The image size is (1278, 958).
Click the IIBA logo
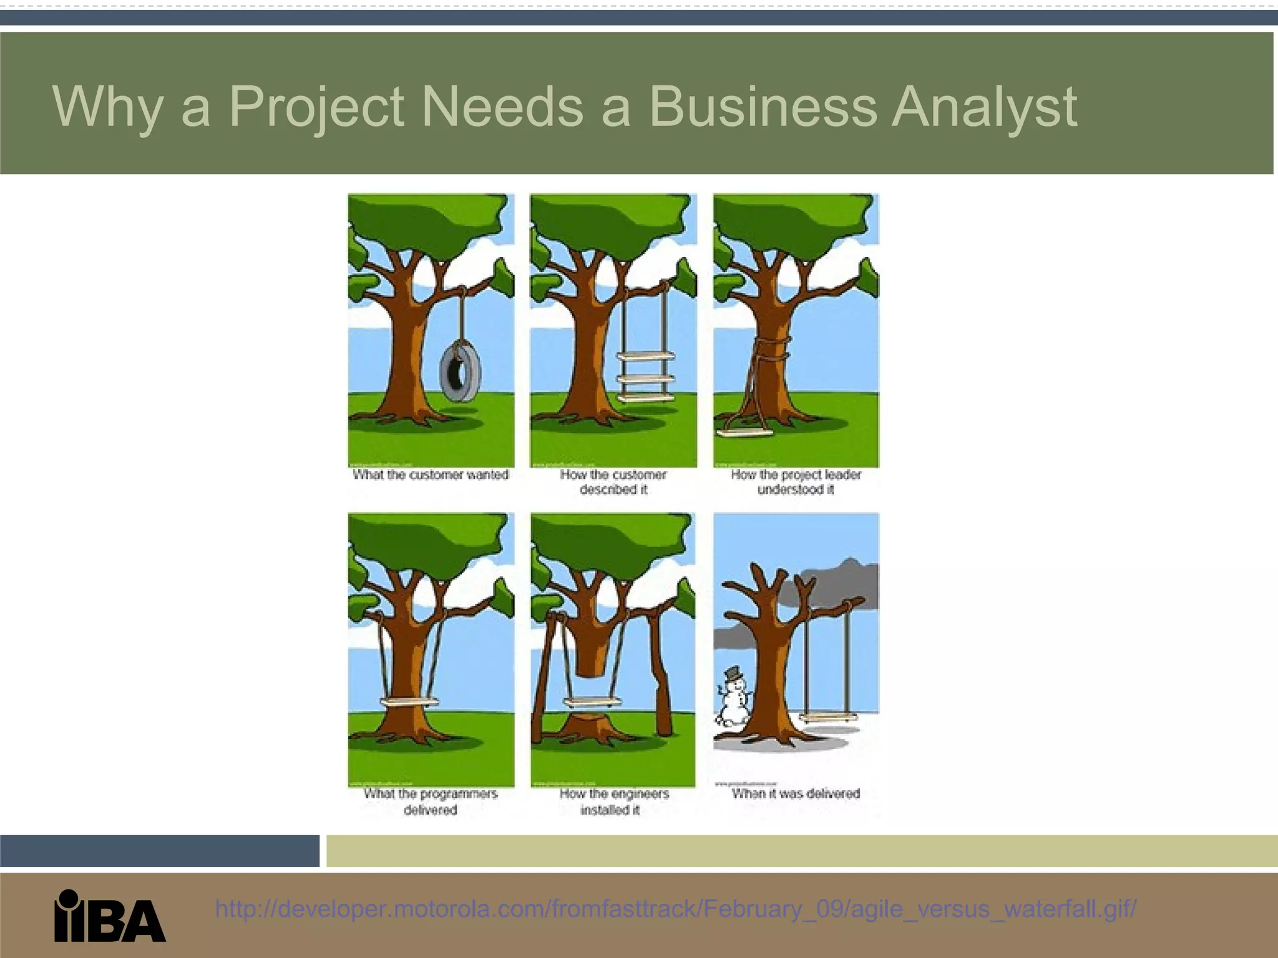(x=110, y=915)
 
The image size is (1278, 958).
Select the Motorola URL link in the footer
(x=676, y=909)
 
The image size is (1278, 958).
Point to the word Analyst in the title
(x=985, y=107)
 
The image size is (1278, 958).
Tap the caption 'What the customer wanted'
(x=431, y=475)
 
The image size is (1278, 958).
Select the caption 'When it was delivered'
(x=796, y=794)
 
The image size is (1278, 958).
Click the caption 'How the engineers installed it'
(x=613, y=801)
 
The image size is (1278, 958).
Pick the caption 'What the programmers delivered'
(x=431, y=801)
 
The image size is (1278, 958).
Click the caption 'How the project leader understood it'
(x=796, y=482)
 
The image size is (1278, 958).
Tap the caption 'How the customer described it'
(x=613, y=482)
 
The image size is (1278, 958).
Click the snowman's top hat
(x=732, y=674)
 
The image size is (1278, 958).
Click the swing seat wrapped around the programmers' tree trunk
(x=409, y=701)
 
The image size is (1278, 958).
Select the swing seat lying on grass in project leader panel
(x=744, y=431)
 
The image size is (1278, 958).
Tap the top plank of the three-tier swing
(x=646, y=356)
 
